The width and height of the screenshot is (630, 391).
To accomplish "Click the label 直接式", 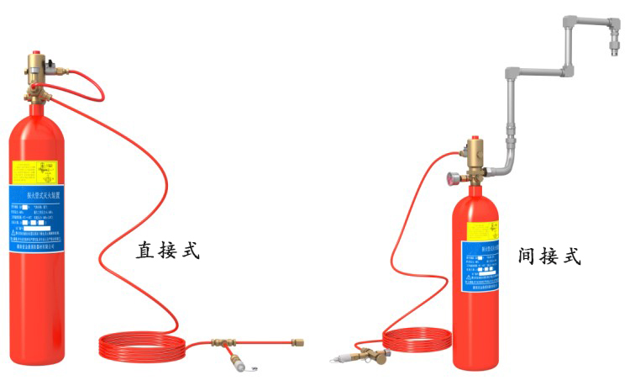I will [x=168, y=251].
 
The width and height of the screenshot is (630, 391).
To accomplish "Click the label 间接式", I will [x=550, y=256].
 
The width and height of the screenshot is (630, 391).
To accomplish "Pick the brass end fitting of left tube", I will [x=297, y=342].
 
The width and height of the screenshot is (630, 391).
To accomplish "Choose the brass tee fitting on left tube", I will [x=221, y=344].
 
